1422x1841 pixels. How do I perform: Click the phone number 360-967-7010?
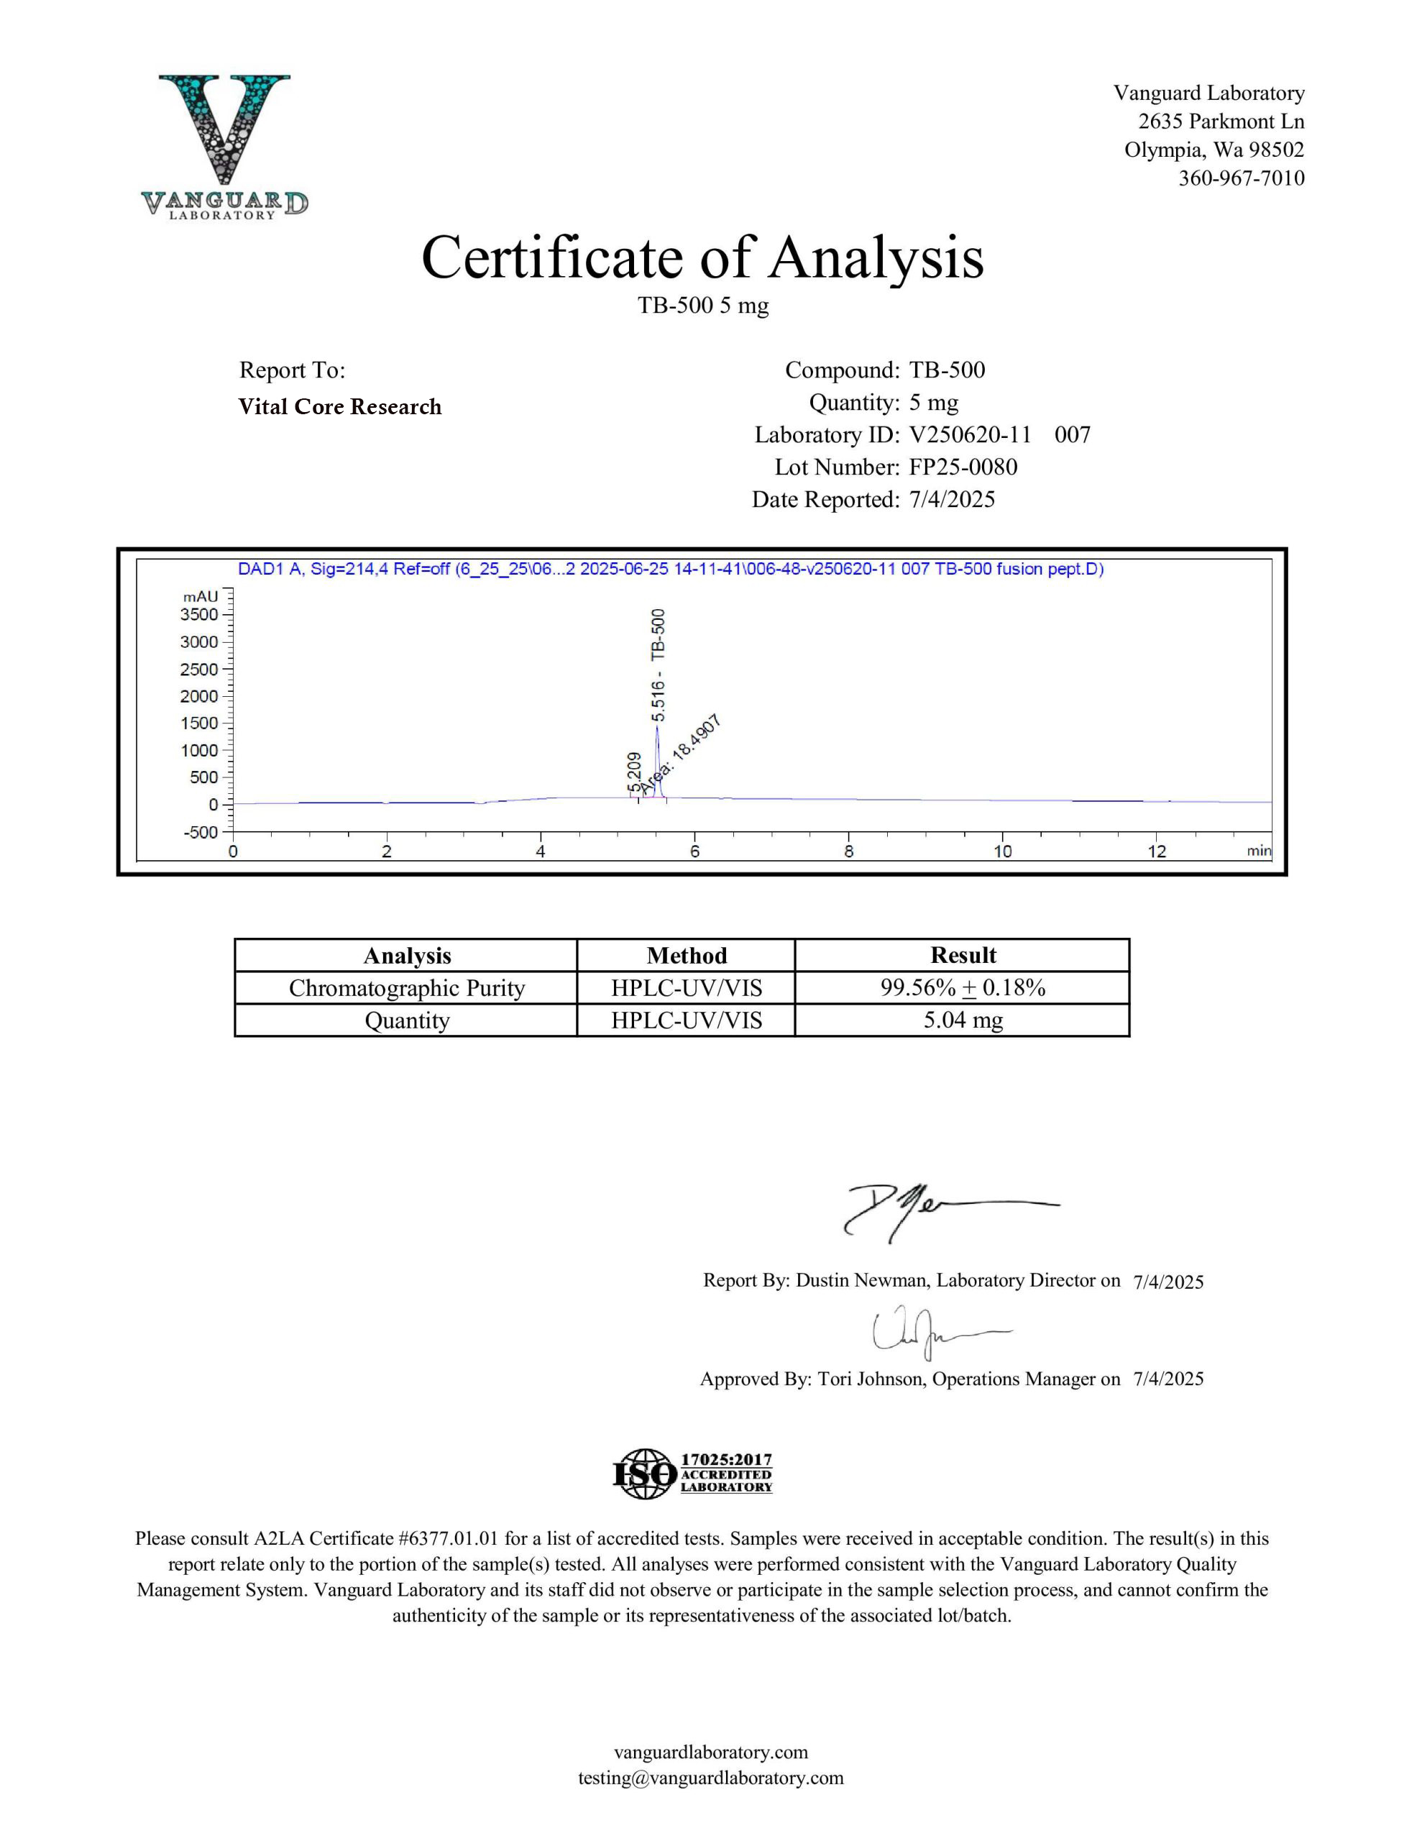(1241, 178)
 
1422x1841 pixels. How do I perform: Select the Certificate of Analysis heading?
(702, 257)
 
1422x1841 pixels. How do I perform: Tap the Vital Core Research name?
(340, 406)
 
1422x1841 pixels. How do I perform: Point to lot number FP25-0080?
(963, 467)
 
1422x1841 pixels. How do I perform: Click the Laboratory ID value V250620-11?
(969, 435)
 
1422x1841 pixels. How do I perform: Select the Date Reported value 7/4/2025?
(952, 499)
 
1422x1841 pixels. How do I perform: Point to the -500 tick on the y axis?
(201, 832)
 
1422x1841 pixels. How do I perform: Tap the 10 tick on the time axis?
(1002, 851)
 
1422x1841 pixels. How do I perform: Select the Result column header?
(963, 955)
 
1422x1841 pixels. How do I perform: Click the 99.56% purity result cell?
(963, 987)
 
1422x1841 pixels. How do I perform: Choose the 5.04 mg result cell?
(963, 1020)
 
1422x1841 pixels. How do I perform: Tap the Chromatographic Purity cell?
(406, 987)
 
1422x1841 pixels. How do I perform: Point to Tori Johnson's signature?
(935, 1333)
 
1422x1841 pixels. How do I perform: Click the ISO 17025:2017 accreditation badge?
(692, 1474)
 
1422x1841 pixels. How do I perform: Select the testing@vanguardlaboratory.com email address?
(710, 1778)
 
